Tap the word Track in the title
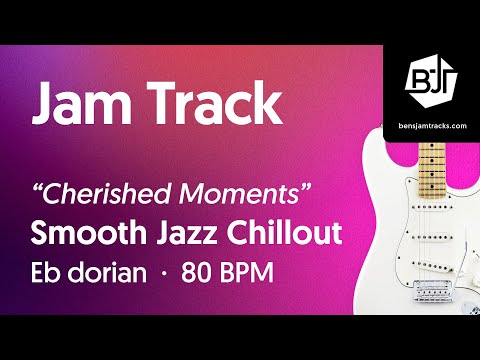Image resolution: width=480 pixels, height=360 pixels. pos(211,104)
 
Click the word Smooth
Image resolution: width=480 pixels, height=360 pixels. pos(88,234)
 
